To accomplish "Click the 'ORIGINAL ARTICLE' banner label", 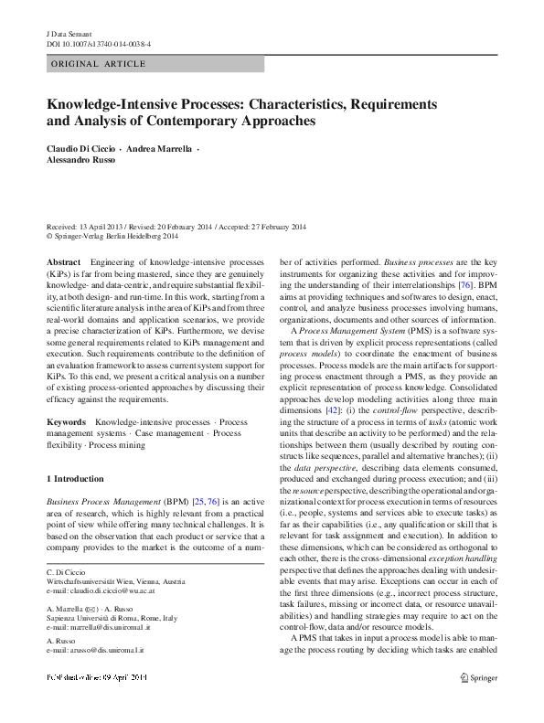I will (x=93, y=64).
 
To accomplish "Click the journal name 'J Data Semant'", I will (x=69, y=32).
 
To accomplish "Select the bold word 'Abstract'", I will (x=62, y=261).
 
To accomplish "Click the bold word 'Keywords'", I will (x=67, y=422).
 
